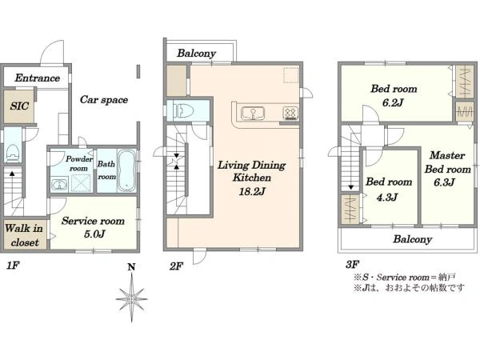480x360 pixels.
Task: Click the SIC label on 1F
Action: (19, 106)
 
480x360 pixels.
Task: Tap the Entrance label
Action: (37, 78)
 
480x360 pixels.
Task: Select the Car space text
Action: (104, 100)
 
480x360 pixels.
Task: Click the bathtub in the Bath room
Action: (127, 171)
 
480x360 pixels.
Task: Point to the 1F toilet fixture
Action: (12, 153)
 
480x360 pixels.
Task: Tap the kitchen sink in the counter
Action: (253, 114)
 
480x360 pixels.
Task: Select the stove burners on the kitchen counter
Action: (290, 114)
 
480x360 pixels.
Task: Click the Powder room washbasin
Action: (60, 185)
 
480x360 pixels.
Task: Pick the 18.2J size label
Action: (252, 192)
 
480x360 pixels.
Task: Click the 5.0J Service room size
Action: (94, 234)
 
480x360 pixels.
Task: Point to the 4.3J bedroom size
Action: (387, 197)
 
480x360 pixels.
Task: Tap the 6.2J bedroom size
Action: (393, 102)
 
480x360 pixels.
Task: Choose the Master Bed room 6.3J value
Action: (444, 182)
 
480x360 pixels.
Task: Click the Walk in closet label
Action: (23, 235)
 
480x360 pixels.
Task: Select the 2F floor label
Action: (176, 266)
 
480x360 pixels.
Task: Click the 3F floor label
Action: (352, 264)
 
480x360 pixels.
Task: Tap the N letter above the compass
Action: (131, 267)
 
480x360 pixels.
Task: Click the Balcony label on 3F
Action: (412, 238)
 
